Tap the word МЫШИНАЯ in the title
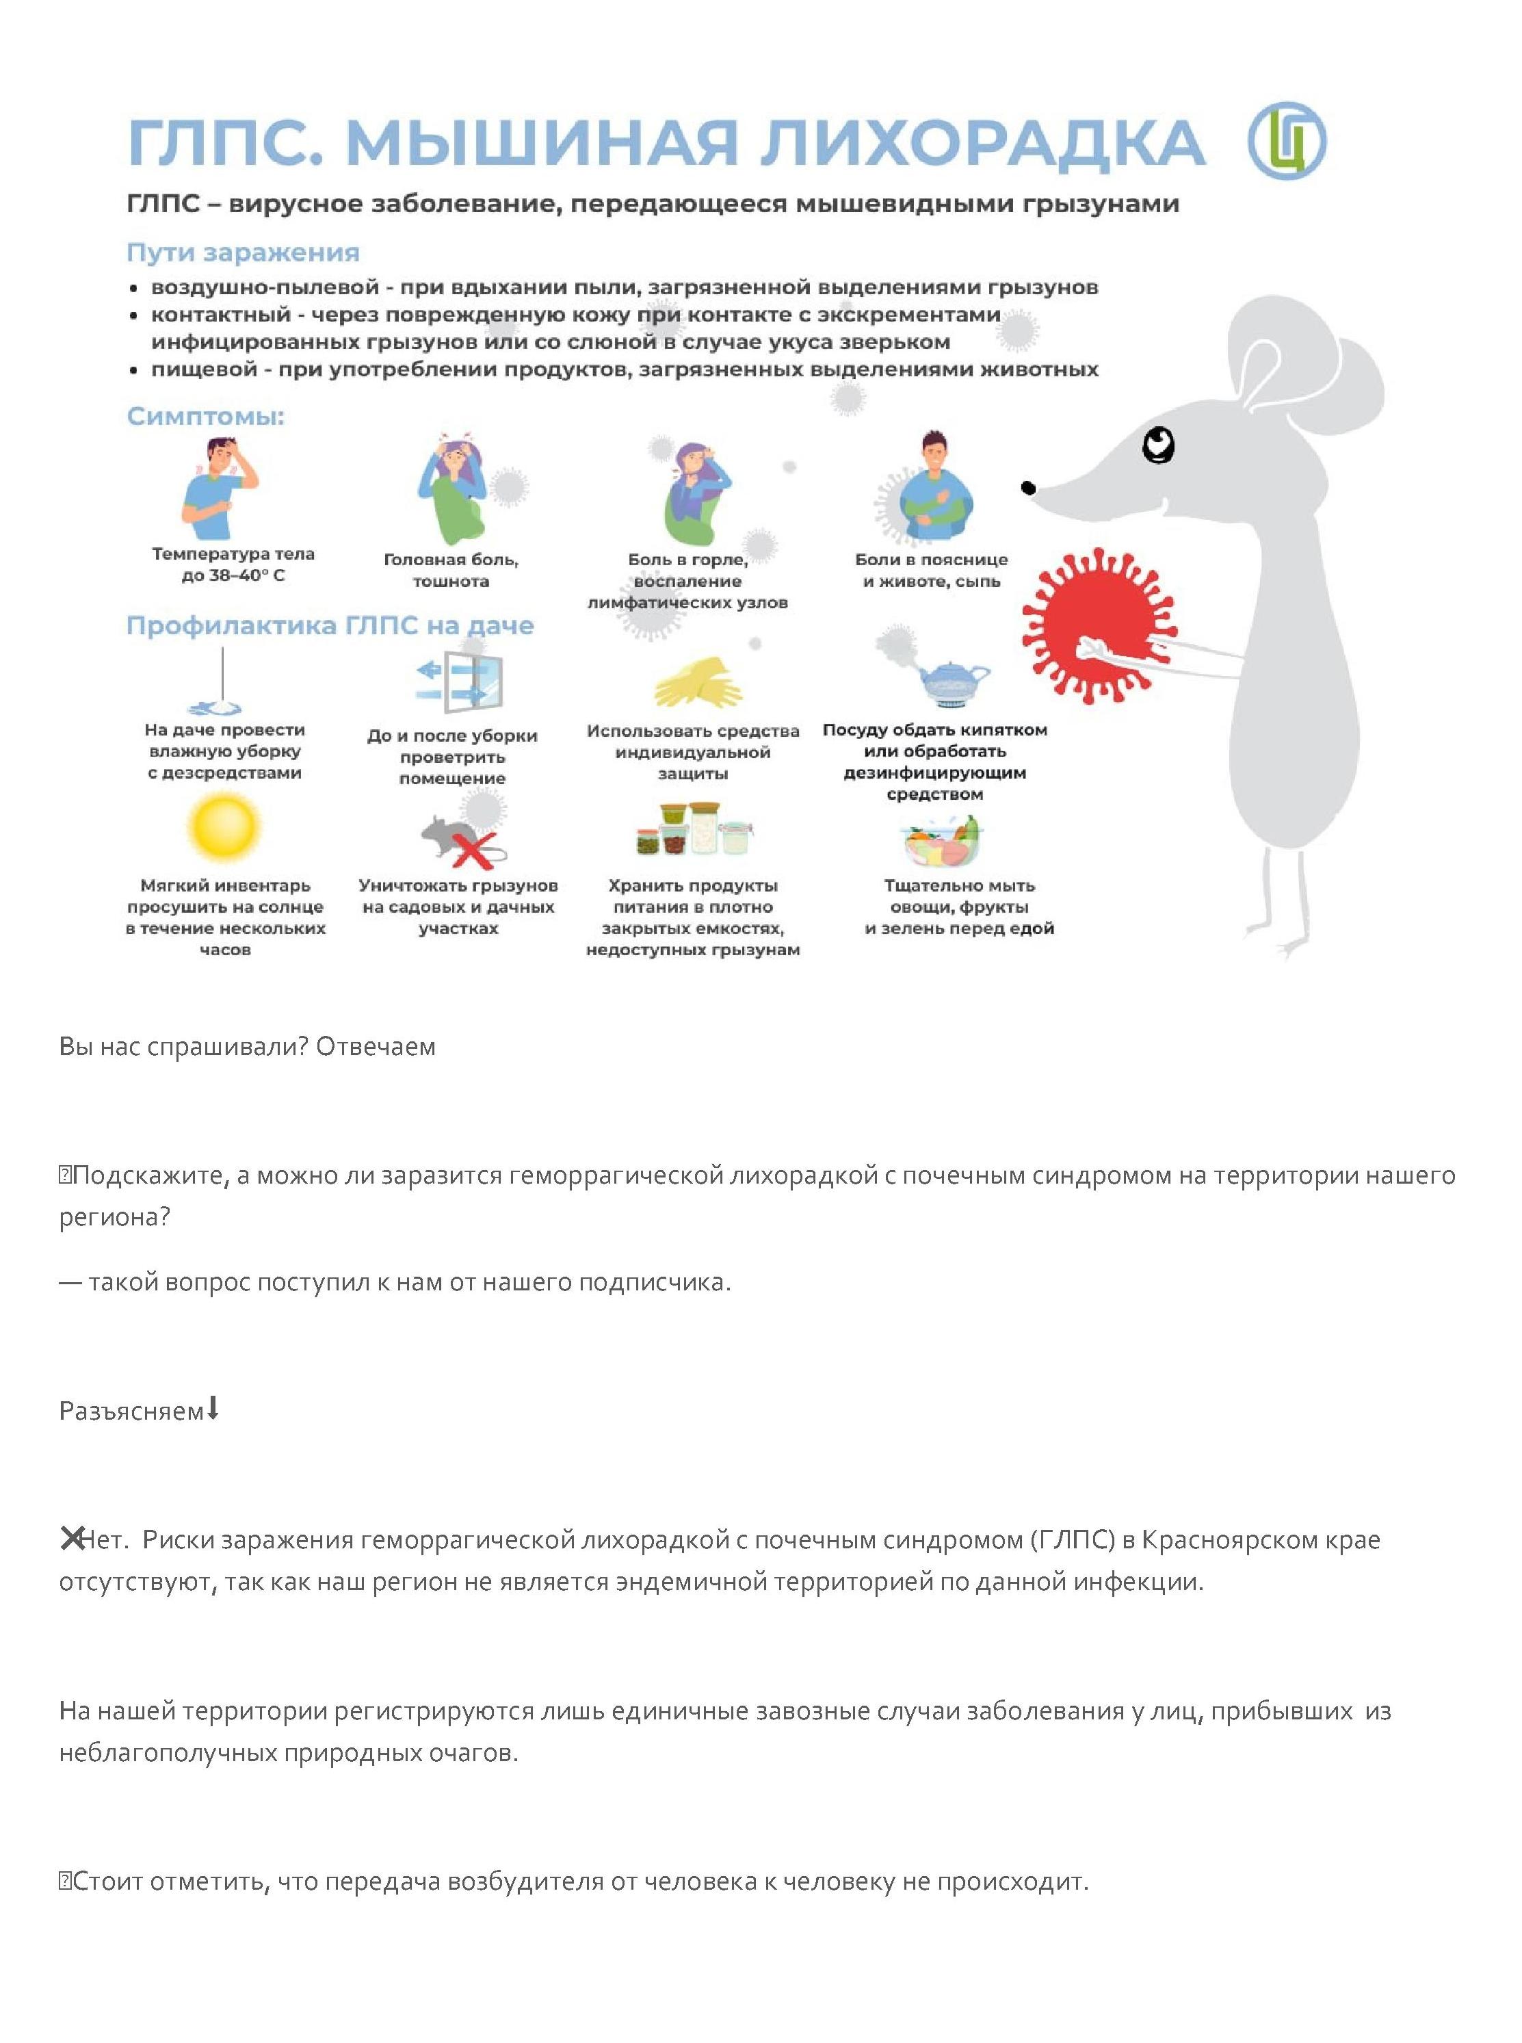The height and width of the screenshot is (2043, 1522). [x=542, y=144]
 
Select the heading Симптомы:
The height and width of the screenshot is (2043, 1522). [x=205, y=417]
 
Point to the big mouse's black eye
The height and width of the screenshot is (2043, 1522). [x=1158, y=446]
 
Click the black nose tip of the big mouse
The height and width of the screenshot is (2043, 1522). [x=1029, y=487]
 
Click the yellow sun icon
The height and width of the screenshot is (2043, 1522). [x=224, y=826]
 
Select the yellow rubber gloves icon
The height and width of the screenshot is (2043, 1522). [x=698, y=683]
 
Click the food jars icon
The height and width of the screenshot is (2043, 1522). [x=696, y=829]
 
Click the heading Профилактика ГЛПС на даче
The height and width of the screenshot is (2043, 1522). [x=330, y=626]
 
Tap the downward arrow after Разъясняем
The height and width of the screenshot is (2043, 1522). [x=213, y=1409]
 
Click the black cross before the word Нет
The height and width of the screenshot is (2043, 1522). [x=71, y=1538]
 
